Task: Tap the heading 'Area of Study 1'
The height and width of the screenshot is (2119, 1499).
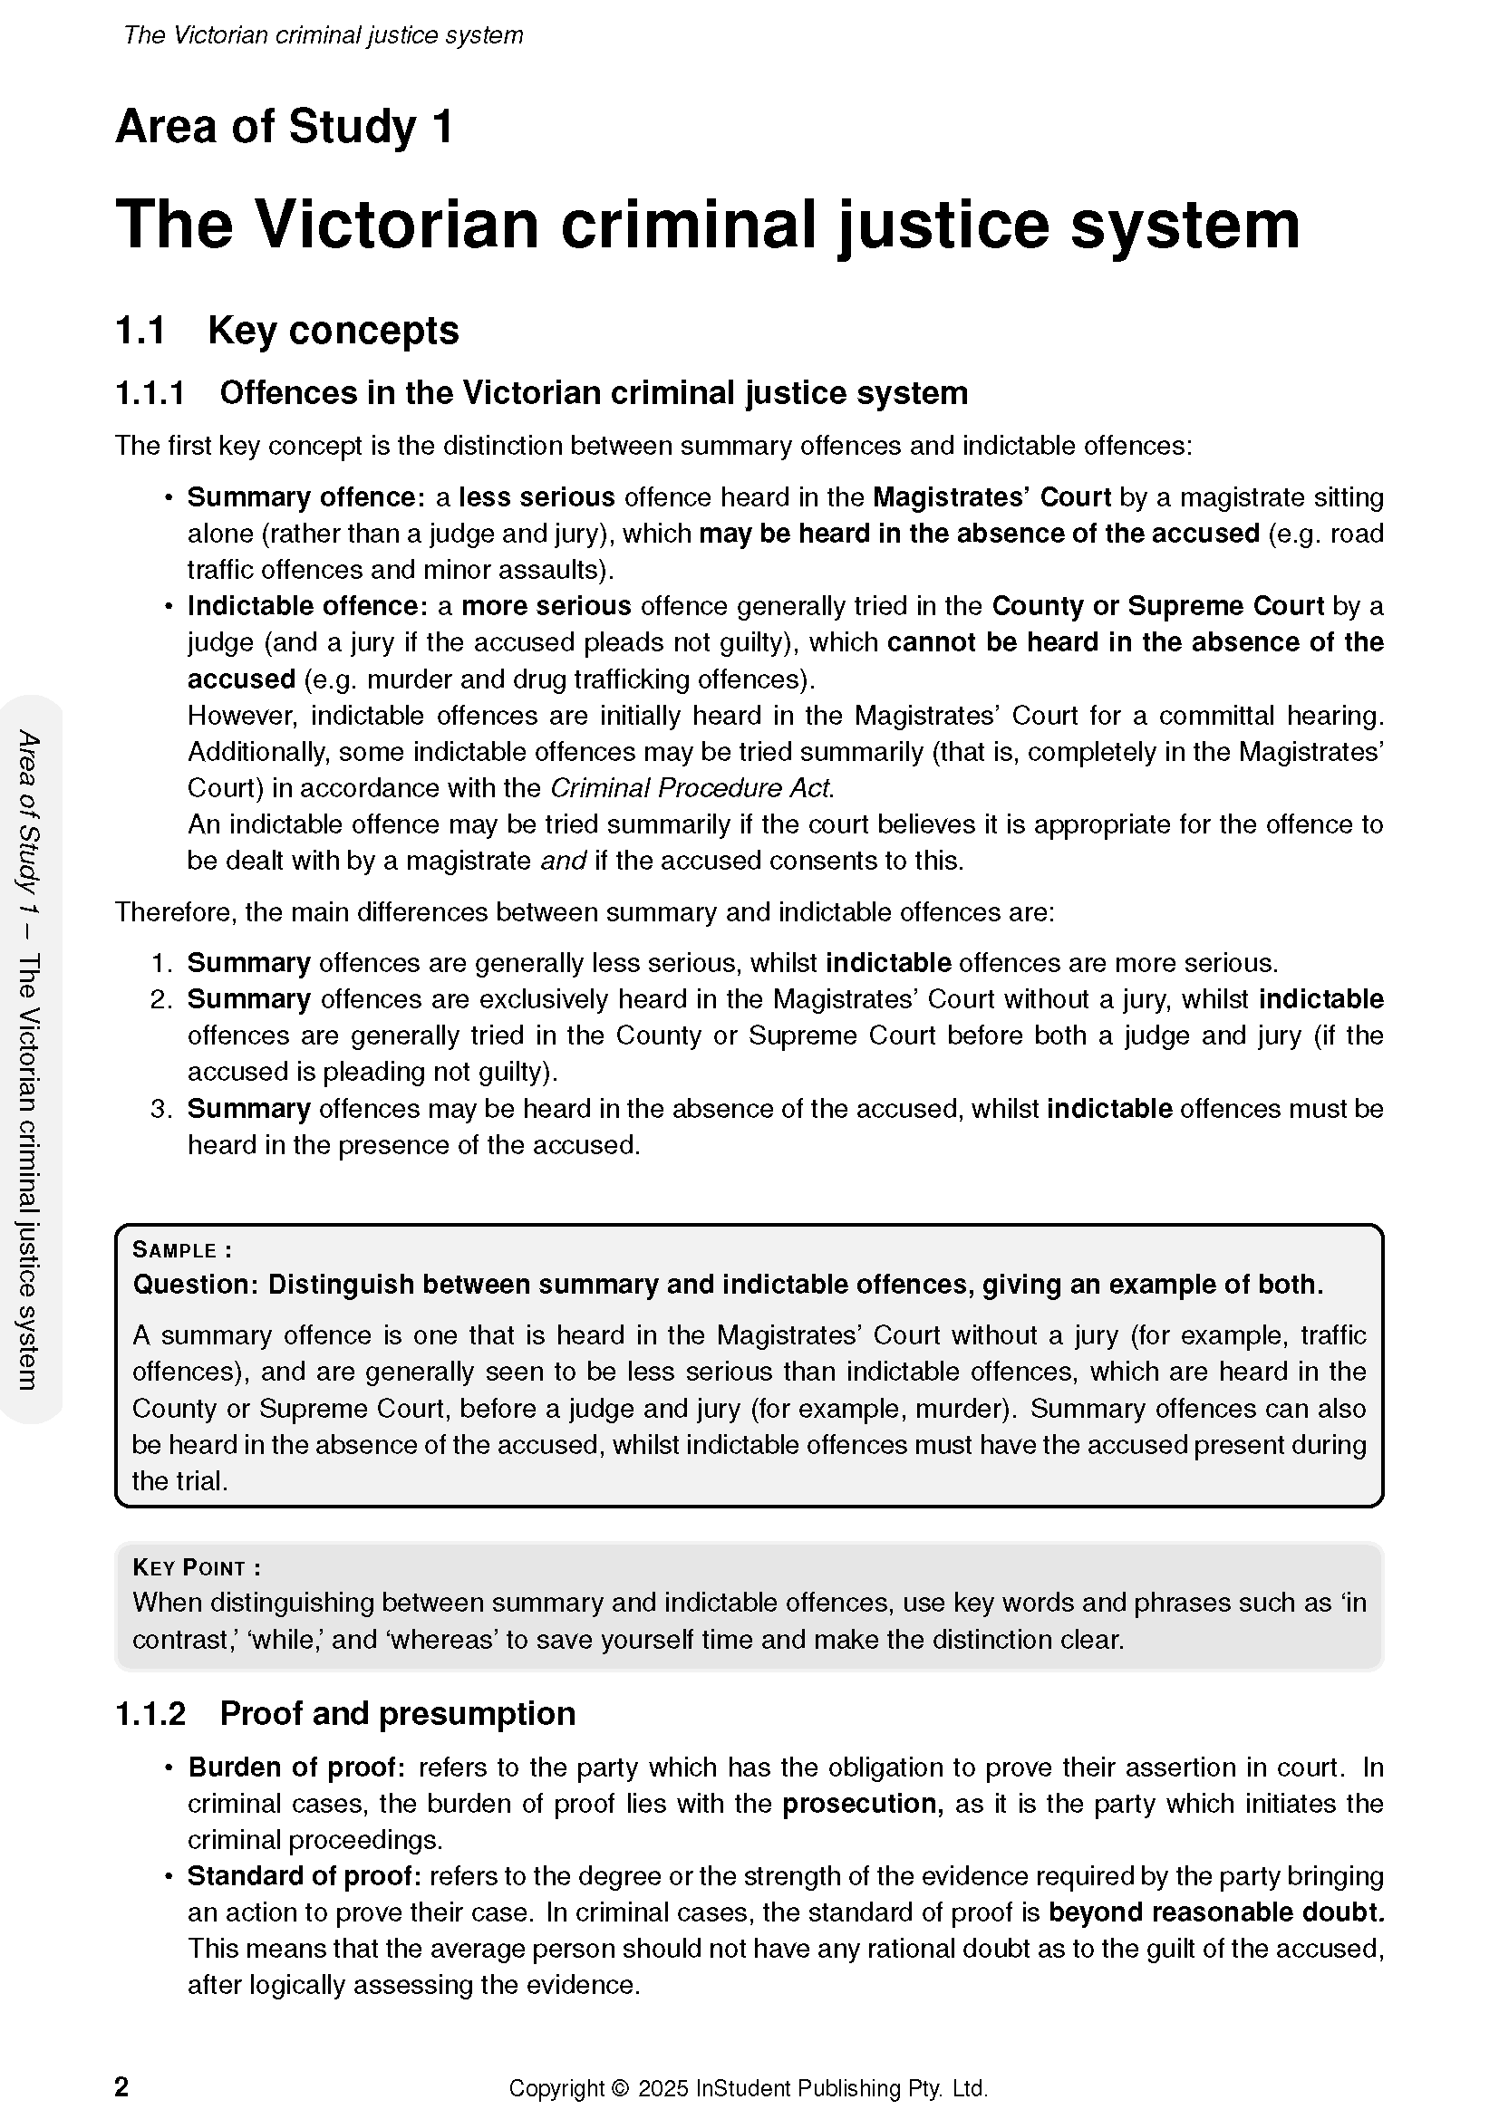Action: [285, 127]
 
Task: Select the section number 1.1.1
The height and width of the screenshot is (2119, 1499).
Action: [150, 393]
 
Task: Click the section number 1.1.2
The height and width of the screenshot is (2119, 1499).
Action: [150, 1714]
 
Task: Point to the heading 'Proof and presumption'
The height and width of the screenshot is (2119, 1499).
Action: [397, 1714]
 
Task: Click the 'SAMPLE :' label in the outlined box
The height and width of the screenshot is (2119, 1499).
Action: [182, 1250]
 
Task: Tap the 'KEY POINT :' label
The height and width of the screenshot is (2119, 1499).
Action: [197, 1568]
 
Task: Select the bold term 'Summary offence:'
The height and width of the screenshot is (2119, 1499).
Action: [305, 497]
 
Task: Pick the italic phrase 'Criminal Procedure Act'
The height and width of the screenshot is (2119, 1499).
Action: [691, 788]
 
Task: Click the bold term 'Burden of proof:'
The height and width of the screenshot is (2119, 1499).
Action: [296, 1767]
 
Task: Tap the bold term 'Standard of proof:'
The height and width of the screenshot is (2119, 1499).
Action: [305, 1876]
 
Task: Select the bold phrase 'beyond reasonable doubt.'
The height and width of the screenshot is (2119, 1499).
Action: [1215, 1912]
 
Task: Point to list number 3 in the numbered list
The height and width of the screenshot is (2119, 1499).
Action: [161, 1108]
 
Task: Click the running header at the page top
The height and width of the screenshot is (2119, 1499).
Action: [323, 35]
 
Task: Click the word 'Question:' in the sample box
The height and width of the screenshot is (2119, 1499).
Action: [195, 1285]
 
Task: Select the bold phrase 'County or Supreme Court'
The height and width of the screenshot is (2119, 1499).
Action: [1157, 606]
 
